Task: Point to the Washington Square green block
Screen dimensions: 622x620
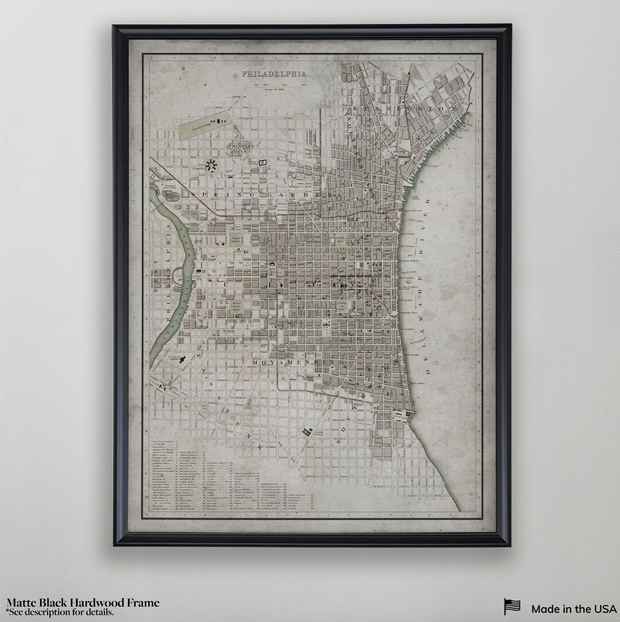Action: click(x=342, y=305)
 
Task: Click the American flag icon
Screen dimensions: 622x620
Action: click(x=512, y=608)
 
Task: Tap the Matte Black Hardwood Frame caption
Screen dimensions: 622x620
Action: click(x=83, y=602)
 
